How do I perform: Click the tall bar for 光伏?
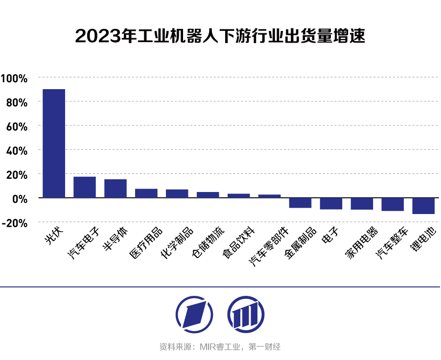[54, 143]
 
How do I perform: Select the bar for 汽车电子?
[85, 187]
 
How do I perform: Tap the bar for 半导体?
[116, 188]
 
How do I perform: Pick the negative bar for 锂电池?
[423, 206]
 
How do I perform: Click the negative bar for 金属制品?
[300, 203]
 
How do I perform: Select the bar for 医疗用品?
[146, 193]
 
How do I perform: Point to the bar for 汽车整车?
[393, 204]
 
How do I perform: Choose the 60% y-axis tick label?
[17, 126]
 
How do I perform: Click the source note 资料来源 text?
[220, 347]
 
